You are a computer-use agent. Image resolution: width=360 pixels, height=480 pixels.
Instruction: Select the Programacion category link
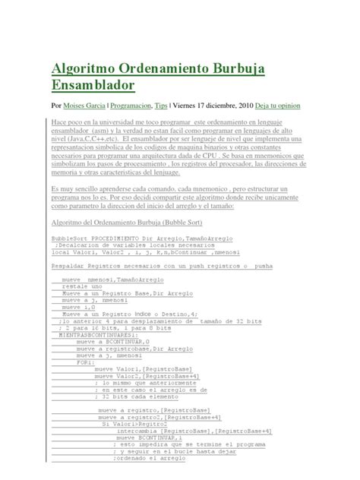click(142, 106)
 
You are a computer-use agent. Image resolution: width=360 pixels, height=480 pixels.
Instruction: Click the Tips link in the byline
click(182, 106)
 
